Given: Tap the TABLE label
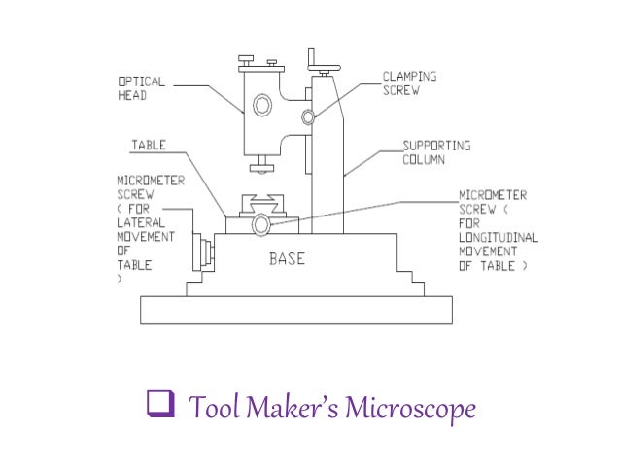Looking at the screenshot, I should point(149,146).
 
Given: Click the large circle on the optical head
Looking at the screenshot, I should point(263,104).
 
